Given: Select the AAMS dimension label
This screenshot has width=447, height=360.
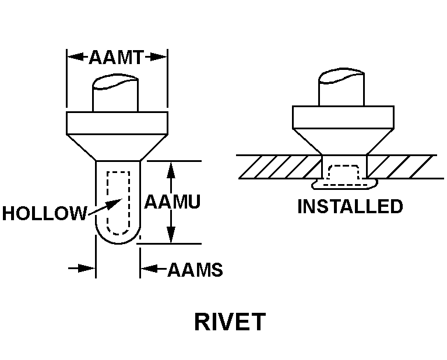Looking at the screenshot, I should [x=195, y=270].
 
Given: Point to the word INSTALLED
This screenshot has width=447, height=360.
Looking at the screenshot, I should [x=350, y=206].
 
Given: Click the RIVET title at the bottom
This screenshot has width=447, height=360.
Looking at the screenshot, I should [x=230, y=322].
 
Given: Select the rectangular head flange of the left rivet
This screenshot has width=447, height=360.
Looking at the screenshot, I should [x=117, y=123].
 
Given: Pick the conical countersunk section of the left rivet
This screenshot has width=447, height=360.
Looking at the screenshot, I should [x=117, y=147].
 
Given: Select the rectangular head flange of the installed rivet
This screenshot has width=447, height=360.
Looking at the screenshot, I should [x=342, y=118].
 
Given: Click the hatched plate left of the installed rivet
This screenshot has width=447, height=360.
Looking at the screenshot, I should [x=280, y=167].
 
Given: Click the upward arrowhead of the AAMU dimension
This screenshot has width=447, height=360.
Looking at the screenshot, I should [x=171, y=168].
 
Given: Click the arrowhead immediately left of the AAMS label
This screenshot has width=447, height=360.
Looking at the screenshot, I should [x=148, y=269].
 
